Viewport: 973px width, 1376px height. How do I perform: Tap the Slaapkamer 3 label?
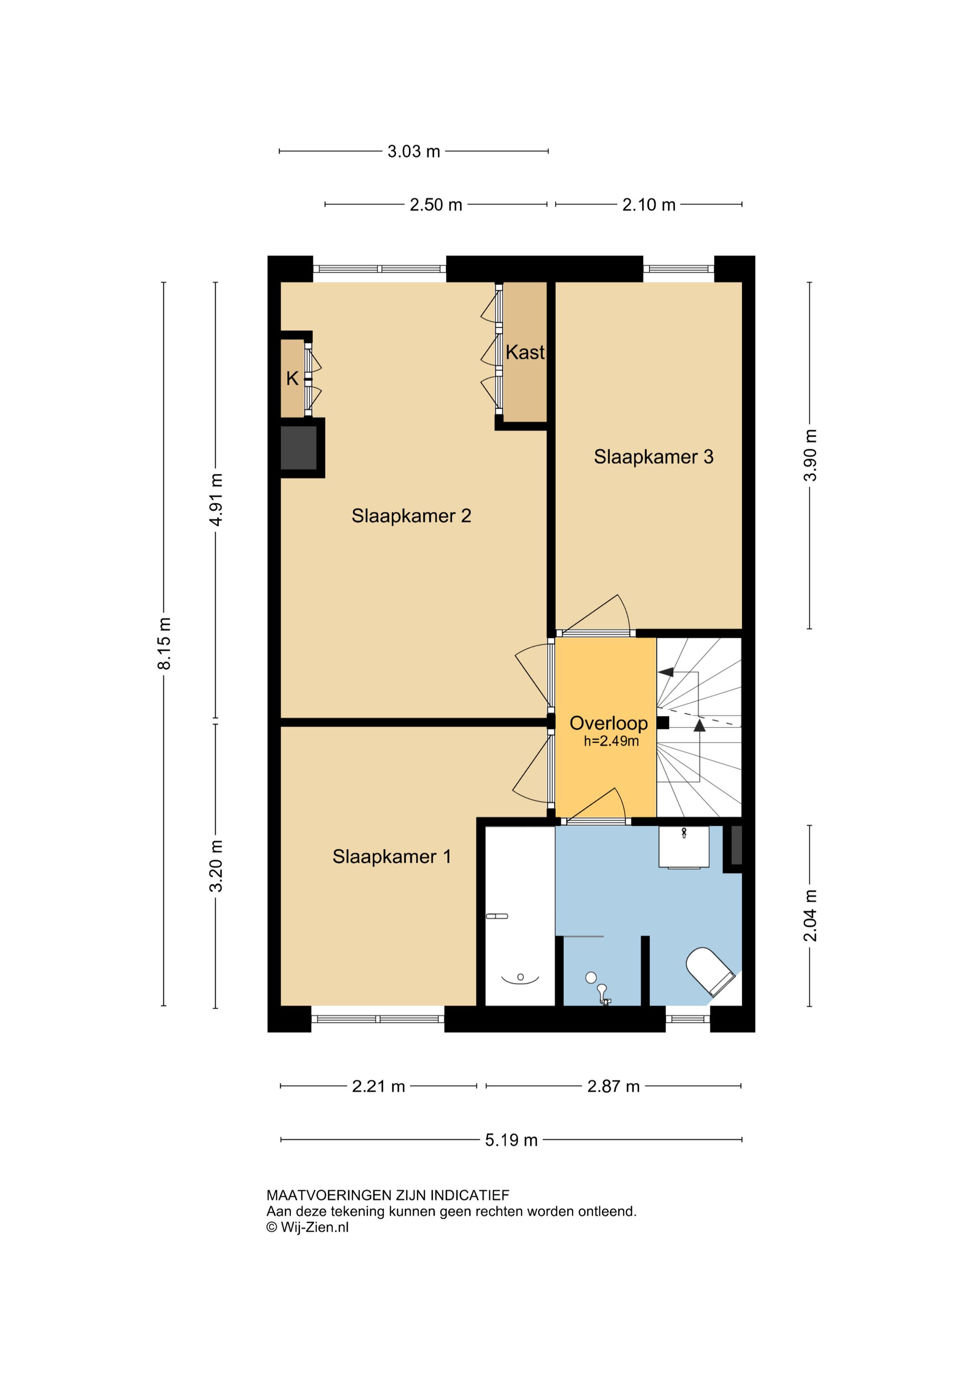653,457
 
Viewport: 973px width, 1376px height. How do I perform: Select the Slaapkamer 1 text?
392,856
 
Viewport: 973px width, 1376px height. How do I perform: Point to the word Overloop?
608,723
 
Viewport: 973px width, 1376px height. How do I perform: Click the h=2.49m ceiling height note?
611,741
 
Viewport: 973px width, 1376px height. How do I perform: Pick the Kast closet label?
525,352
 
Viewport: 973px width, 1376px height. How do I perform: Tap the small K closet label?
292,379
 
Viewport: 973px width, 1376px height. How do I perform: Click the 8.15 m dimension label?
164,643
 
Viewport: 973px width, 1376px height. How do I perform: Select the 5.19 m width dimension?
511,1140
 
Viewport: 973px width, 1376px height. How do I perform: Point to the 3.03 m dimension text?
414,151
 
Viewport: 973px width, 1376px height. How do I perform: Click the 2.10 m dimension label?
648,205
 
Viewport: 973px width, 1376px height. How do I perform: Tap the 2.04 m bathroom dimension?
810,916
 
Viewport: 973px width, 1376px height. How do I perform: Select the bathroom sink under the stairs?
684,847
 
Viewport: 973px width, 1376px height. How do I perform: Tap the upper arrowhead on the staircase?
666,672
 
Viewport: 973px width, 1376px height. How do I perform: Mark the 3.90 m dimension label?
810,456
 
